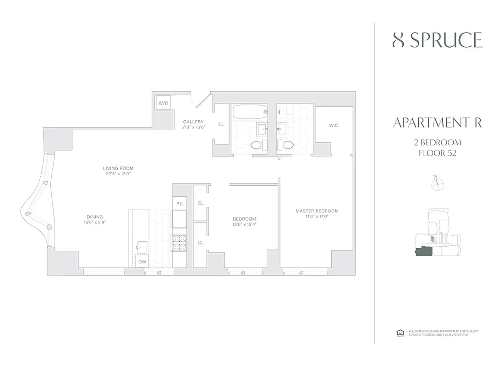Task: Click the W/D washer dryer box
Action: click(164, 103)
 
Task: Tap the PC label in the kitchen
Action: click(179, 203)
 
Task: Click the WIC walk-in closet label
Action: click(334, 125)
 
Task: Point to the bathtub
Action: click(249, 112)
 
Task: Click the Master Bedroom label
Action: click(317, 211)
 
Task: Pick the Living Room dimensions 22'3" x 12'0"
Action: click(118, 174)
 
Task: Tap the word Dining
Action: click(95, 217)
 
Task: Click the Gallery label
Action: click(192, 122)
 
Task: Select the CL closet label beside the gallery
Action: click(221, 124)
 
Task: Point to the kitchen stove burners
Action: click(179, 242)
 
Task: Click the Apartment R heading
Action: click(437, 123)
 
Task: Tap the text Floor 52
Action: click(437, 153)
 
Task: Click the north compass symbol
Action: click(438, 183)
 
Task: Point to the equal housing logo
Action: click(398, 333)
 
